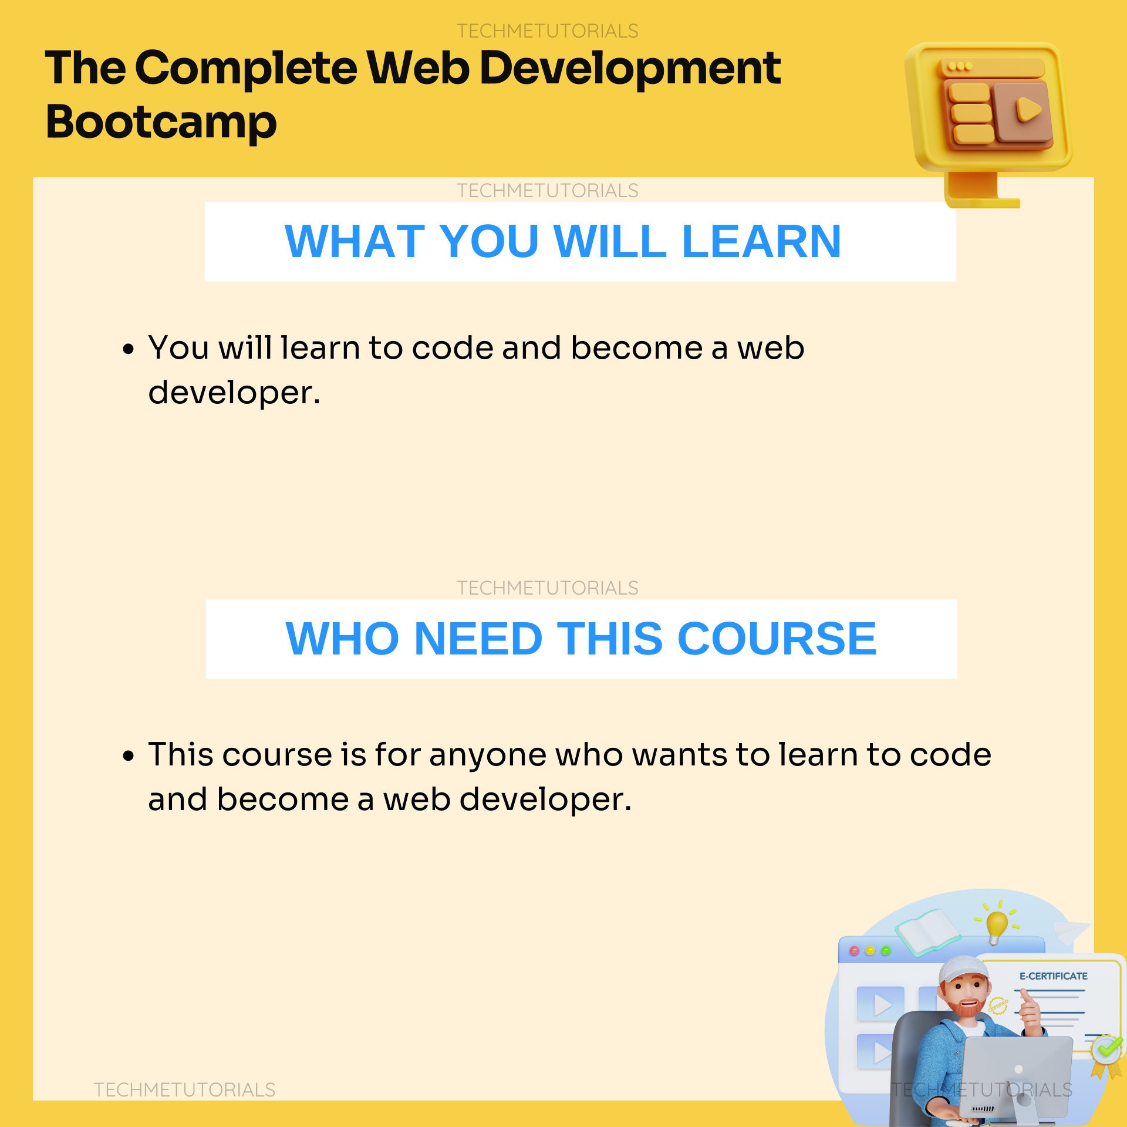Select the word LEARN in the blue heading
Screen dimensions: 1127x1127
(x=761, y=241)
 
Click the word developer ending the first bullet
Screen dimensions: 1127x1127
(x=234, y=392)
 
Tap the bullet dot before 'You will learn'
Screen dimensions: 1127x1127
(x=129, y=350)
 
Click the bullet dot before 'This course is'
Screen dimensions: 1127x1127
(x=129, y=756)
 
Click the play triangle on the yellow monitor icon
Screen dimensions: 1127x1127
(x=1028, y=109)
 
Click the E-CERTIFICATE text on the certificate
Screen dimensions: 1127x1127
(x=1053, y=976)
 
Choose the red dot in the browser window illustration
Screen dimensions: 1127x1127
(x=855, y=951)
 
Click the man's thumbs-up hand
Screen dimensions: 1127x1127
(x=1030, y=1009)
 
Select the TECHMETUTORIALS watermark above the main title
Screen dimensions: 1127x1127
(x=547, y=31)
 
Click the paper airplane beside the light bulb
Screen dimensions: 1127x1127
(x=1071, y=930)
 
